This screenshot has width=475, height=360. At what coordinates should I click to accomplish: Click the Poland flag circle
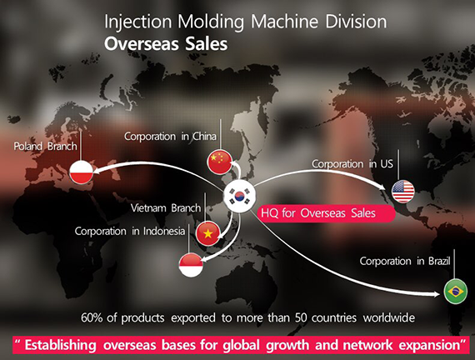point(81,172)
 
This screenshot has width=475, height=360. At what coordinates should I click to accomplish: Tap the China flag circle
point(220,162)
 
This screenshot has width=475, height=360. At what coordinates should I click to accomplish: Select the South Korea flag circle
point(239,197)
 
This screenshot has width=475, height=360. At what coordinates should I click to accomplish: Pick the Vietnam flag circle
point(207,233)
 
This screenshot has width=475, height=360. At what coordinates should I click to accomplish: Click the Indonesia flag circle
point(191,265)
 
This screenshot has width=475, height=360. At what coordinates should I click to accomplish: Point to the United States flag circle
point(402,192)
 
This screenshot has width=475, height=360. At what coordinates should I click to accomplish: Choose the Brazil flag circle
point(456,292)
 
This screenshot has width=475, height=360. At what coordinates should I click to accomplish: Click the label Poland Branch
point(46,147)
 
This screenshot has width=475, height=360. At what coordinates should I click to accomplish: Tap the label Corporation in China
point(170,137)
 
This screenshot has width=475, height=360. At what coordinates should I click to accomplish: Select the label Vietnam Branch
point(166,208)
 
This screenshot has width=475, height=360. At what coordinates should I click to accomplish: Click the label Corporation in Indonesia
point(130,231)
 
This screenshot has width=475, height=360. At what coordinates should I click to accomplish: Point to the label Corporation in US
point(352,164)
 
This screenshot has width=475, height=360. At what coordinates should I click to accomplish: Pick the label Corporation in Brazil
point(405,261)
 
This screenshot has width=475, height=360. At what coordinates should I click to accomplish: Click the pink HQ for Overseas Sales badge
point(326,213)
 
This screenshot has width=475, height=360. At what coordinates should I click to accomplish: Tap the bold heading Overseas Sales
point(166,44)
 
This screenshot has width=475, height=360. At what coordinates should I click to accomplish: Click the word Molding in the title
point(211,22)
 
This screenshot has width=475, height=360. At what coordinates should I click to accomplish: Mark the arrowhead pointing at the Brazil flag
point(436,294)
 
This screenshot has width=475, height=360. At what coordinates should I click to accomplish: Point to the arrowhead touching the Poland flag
point(97,171)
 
